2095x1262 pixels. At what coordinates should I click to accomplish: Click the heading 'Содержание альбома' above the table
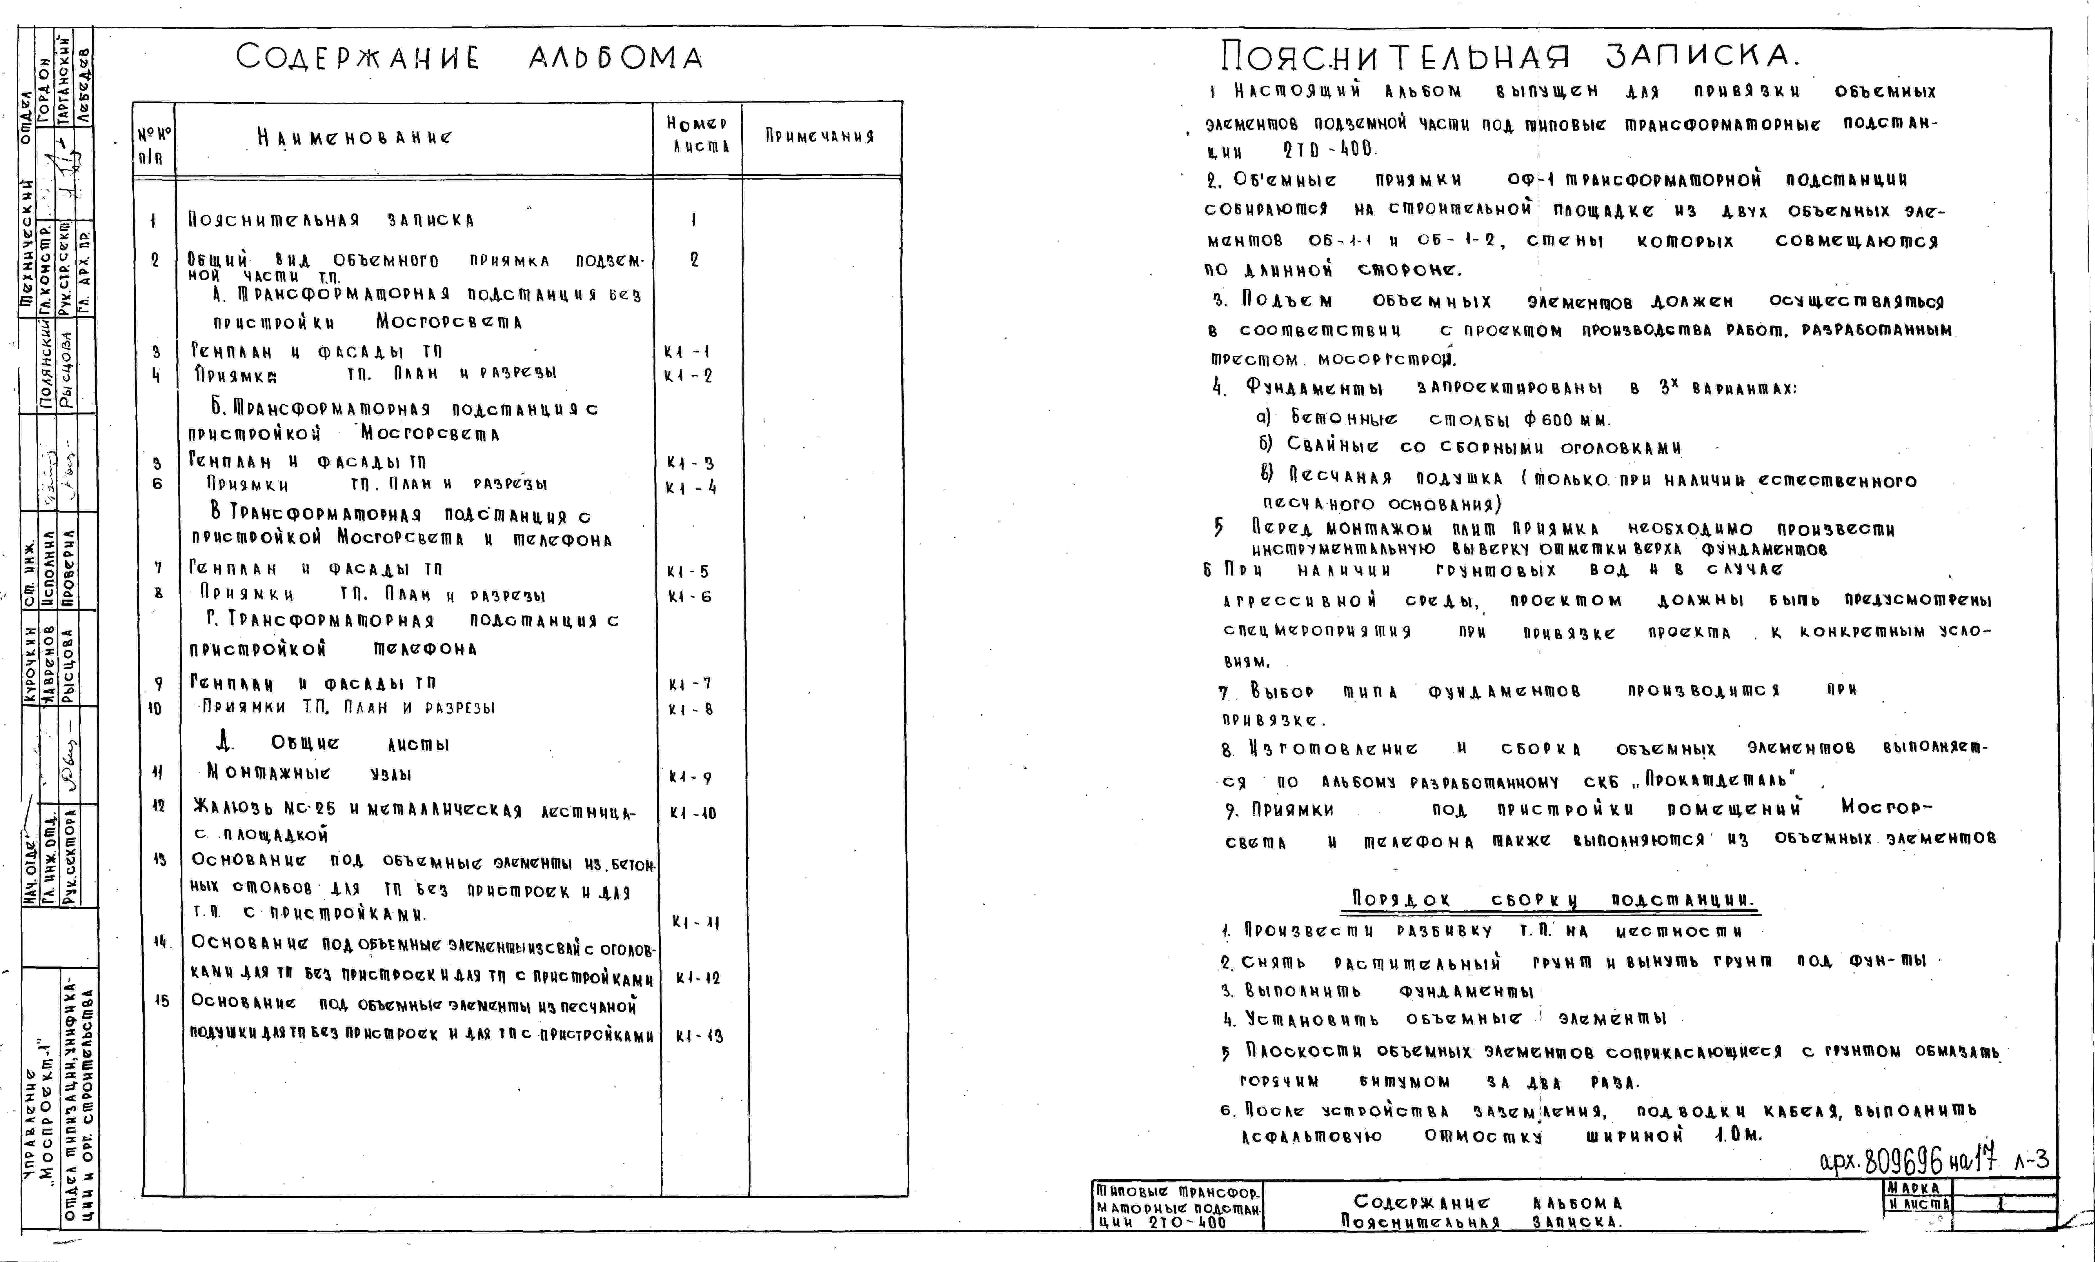click(x=469, y=58)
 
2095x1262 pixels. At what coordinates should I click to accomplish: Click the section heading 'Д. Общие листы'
click(x=333, y=744)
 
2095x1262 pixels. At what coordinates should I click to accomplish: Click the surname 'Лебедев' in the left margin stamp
click(x=83, y=85)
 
